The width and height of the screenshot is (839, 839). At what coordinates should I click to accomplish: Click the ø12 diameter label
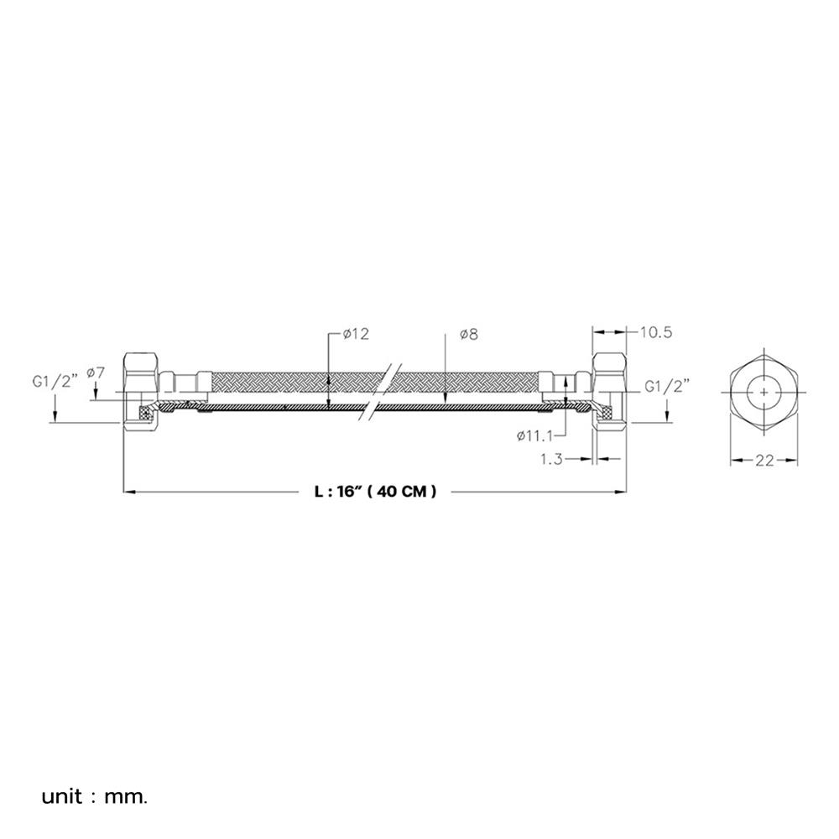[357, 335]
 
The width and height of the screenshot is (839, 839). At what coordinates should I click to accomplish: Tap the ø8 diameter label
[469, 335]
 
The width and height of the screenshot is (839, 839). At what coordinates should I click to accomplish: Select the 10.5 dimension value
[656, 332]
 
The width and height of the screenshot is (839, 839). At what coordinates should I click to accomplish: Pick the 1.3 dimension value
[552, 459]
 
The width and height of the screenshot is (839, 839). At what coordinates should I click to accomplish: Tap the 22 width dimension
[764, 460]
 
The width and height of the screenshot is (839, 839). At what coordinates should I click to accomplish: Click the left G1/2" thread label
[55, 383]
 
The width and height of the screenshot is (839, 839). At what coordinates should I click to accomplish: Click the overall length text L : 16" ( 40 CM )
[375, 491]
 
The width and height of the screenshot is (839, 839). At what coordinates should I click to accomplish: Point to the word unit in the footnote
[62, 797]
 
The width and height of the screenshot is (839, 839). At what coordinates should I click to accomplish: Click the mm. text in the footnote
[126, 797]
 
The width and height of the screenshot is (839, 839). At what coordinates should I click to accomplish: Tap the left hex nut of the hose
[141, 392]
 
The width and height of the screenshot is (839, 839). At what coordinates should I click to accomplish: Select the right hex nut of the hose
[609, 392]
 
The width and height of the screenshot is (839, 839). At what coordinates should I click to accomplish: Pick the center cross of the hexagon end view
[764, 392]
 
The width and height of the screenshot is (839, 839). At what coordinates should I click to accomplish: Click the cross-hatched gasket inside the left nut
[145, 414]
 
